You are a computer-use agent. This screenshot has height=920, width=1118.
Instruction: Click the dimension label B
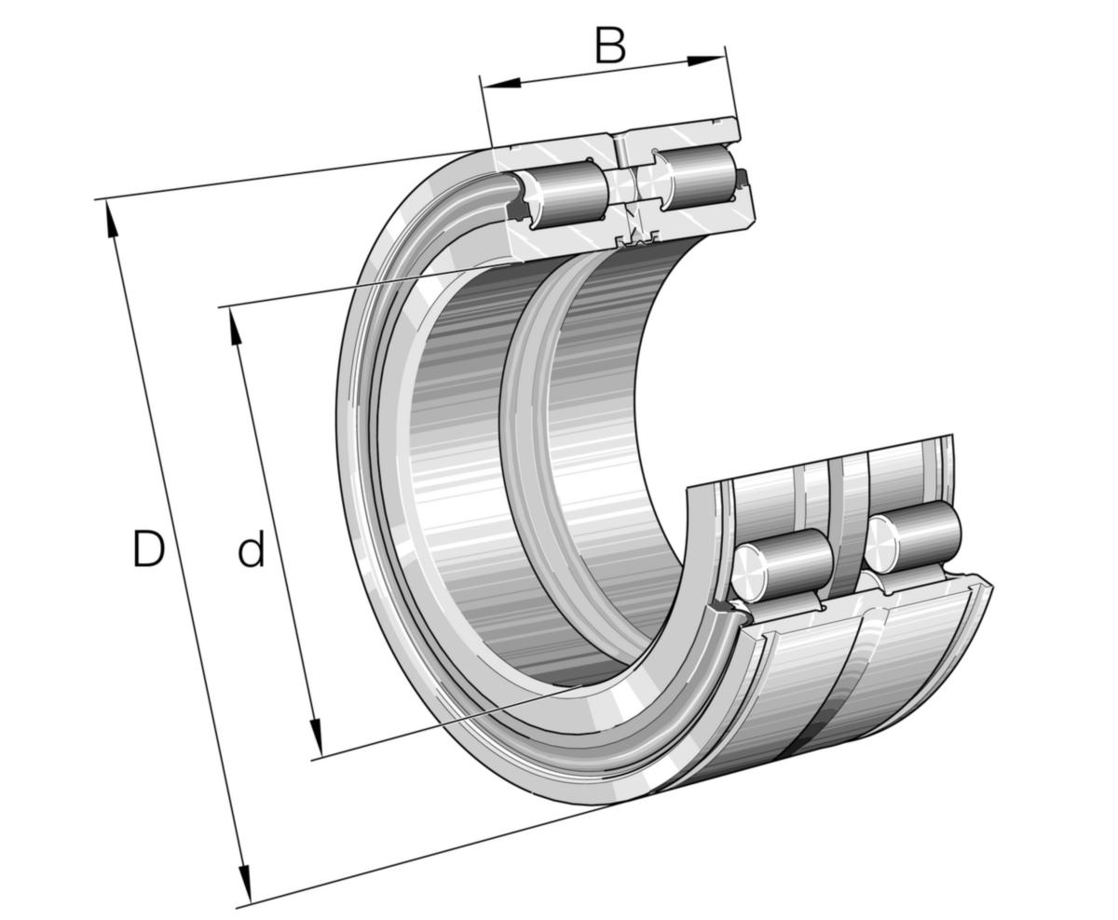[x=610, y=46]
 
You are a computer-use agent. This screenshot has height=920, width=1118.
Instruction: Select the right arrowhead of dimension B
[x=705, y=61]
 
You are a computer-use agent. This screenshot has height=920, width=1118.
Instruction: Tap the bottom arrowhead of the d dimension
[x=316, y=737]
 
